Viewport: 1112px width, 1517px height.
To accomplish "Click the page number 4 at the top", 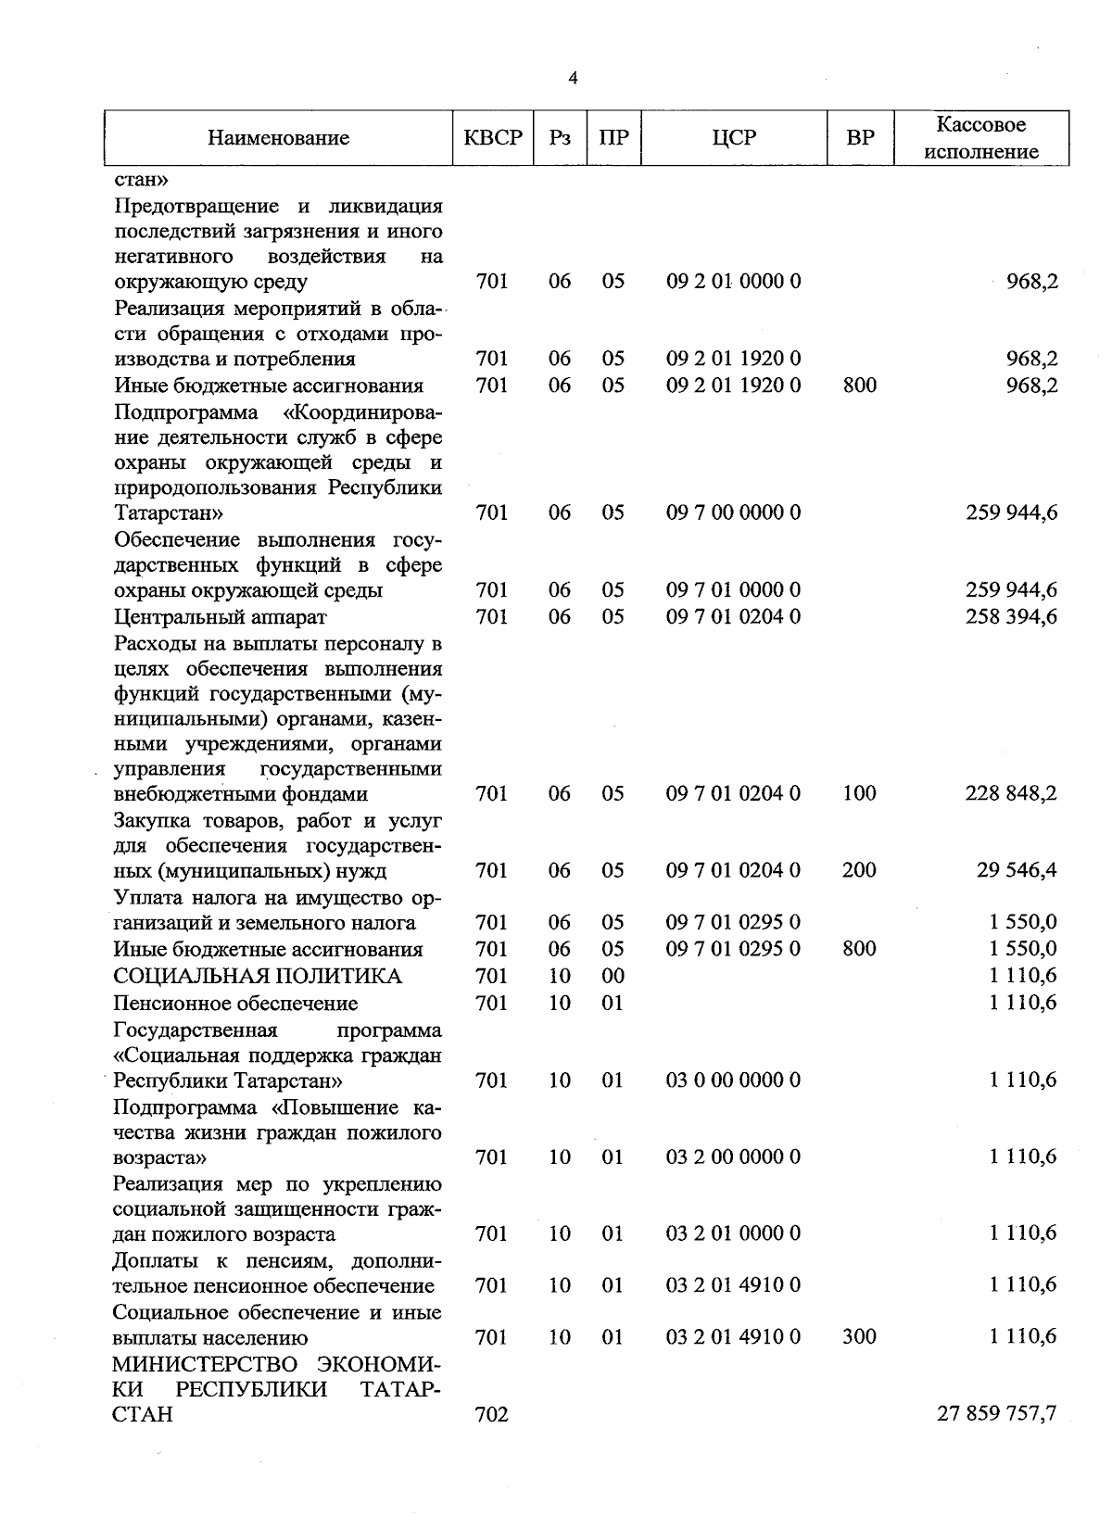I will pyautogui.click(x=573, y=79).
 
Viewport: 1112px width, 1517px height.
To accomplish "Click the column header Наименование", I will pyautogui.click(x=278, y=138).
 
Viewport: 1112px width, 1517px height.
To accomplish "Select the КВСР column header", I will pyautogui.click(x=493, y=138).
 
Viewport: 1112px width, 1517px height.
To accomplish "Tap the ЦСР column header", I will pyautogui.click(x=734, y=138).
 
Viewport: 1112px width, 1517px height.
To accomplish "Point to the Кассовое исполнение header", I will pyautogui.click(x=980, y=138).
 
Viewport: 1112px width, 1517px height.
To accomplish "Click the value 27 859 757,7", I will pyautogui.click(x=997, y=1413).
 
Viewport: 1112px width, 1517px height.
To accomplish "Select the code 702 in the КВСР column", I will pyautogui.click(x=491, y=1414).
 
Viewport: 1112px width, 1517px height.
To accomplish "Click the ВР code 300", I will pyautogui.click(x=859, y=1336).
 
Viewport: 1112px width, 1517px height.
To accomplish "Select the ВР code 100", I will pyautogui.click(x=859, y=793).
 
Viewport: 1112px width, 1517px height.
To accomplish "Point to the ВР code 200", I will pyautogui.click(x=859, y=870).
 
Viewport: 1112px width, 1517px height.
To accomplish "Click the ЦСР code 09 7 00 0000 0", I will pyautogui.click(x=733, y=512).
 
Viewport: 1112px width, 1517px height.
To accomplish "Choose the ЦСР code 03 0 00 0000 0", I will pyautogui.click(x=733, y=1080).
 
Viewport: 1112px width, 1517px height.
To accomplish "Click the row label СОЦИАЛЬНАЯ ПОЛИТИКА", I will pyautogui.click(x=258, y=976).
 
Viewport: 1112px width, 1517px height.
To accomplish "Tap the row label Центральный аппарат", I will pyautogui.click(x=220, y=616).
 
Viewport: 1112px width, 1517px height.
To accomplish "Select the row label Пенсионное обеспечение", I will pyautogui.click(x=235, y=1003).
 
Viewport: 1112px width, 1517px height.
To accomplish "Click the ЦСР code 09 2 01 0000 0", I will pyautogui.click(x=733, y=281).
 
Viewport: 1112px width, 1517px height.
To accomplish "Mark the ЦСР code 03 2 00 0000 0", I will pyautogui.click(x=733, y=1157).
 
